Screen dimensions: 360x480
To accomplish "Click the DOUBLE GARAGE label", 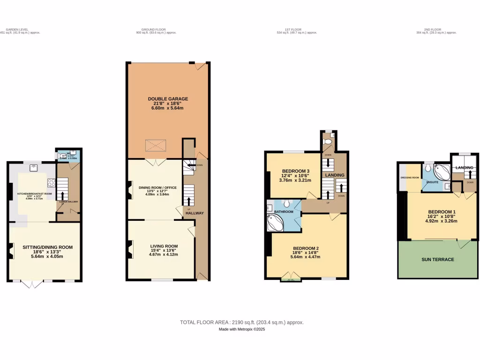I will click(x=168, y=99).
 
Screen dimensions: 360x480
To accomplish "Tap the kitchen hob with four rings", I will click(x=51, y=184).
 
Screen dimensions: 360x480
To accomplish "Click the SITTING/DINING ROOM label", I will click(x=47, y=247).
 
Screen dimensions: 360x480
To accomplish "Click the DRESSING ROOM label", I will click(x=409, y=178).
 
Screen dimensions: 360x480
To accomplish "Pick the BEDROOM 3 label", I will click(x=296, y=171).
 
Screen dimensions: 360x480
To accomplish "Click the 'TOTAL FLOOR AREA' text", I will click(x=204, y=322).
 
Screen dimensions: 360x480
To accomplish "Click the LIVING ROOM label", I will click(x=164, y=246).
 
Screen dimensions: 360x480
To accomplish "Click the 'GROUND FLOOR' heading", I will click(x=145, y=30).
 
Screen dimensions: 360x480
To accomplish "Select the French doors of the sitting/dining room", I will click(x=33, y=284).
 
